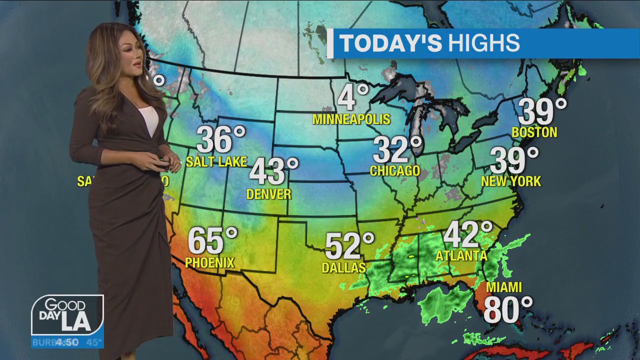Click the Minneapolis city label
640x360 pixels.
tap(351, 119)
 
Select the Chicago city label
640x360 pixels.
tap(394, 170)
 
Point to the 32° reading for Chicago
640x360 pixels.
tap(397, 149)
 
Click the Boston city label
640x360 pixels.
tap(534, 132)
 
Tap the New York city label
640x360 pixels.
tap(510, 181)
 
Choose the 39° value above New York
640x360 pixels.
tap(513, 160)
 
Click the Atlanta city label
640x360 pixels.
tap(461, 255)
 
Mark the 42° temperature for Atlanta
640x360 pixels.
tap(467, 233)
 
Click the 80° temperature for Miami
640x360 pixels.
tap(507, 309)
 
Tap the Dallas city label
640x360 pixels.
tap(343, 267)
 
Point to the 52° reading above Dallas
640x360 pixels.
tap(348, 245)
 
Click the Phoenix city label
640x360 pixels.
tap(209, 262)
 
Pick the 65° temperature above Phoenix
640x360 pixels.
tap(212, 240)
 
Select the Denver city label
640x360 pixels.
tap(268, 194)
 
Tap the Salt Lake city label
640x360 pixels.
tap(216, 161)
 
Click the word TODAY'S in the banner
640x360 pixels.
tap(390, 43)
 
